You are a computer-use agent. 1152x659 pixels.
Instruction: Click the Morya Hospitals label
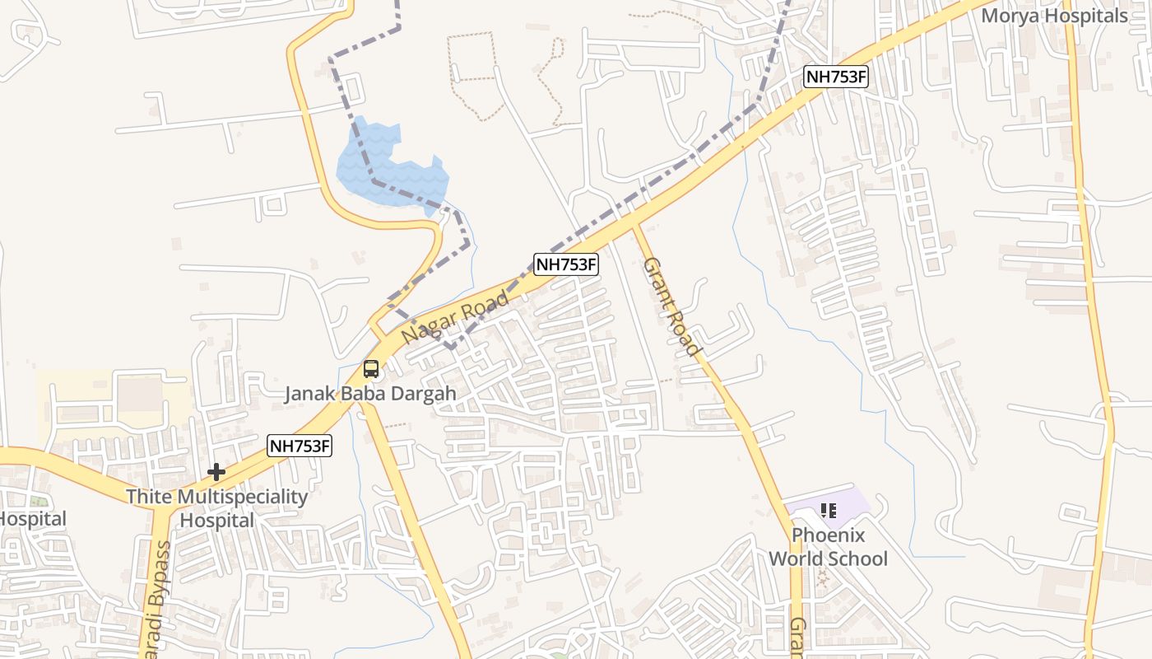click(1054, 16)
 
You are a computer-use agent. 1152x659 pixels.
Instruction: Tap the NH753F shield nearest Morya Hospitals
click(837, 77)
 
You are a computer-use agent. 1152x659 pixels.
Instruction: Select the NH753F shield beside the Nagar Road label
click(565, 264)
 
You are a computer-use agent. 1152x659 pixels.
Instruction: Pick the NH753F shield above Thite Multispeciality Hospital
click(300, 446)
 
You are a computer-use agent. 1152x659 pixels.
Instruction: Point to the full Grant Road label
click(671, 306)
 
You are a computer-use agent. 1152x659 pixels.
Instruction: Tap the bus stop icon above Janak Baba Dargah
click(371, 369)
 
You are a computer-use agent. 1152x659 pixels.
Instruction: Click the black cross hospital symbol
click(216, 472)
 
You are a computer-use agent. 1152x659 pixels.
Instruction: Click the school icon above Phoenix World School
click(829, 511)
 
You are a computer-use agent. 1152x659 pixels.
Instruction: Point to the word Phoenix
click(828, 535)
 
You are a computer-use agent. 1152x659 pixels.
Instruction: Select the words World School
click(828, 559)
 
